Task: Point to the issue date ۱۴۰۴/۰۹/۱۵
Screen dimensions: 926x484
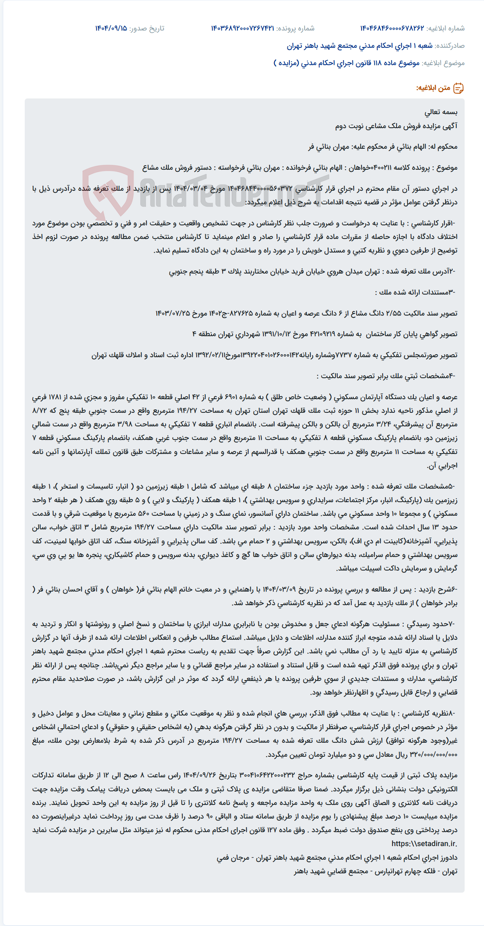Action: (x=111, y=28)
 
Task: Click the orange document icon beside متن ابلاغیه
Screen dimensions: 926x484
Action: (x=458, y=88)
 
